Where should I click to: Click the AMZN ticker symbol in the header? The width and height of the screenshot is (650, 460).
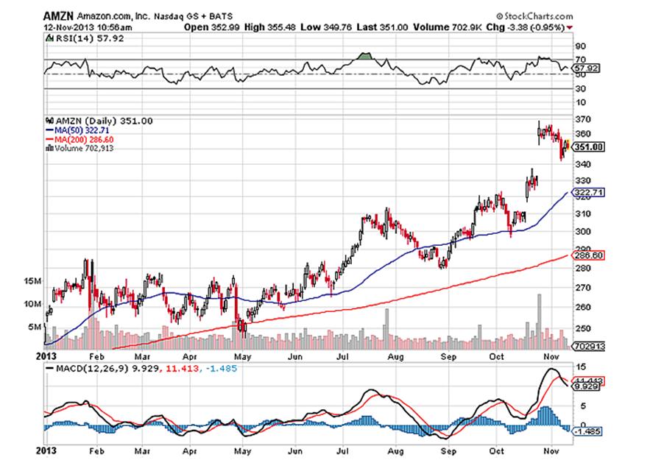coord(55,16)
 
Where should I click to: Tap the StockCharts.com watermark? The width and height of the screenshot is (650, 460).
coord(537,16)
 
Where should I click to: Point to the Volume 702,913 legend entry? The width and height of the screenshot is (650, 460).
coord(81,148)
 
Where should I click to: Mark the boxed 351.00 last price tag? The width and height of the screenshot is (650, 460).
coord(589,147)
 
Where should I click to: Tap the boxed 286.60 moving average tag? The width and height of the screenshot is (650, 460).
coord(588,255)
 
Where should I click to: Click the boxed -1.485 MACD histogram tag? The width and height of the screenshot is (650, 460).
coord(588,432)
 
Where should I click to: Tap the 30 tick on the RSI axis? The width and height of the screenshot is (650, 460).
coord(581,90)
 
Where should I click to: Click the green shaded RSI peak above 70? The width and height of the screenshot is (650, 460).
coord(364,56)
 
